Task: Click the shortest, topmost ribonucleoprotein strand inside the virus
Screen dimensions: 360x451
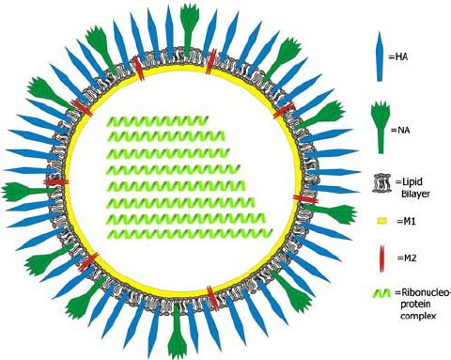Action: tap(156, 122)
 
